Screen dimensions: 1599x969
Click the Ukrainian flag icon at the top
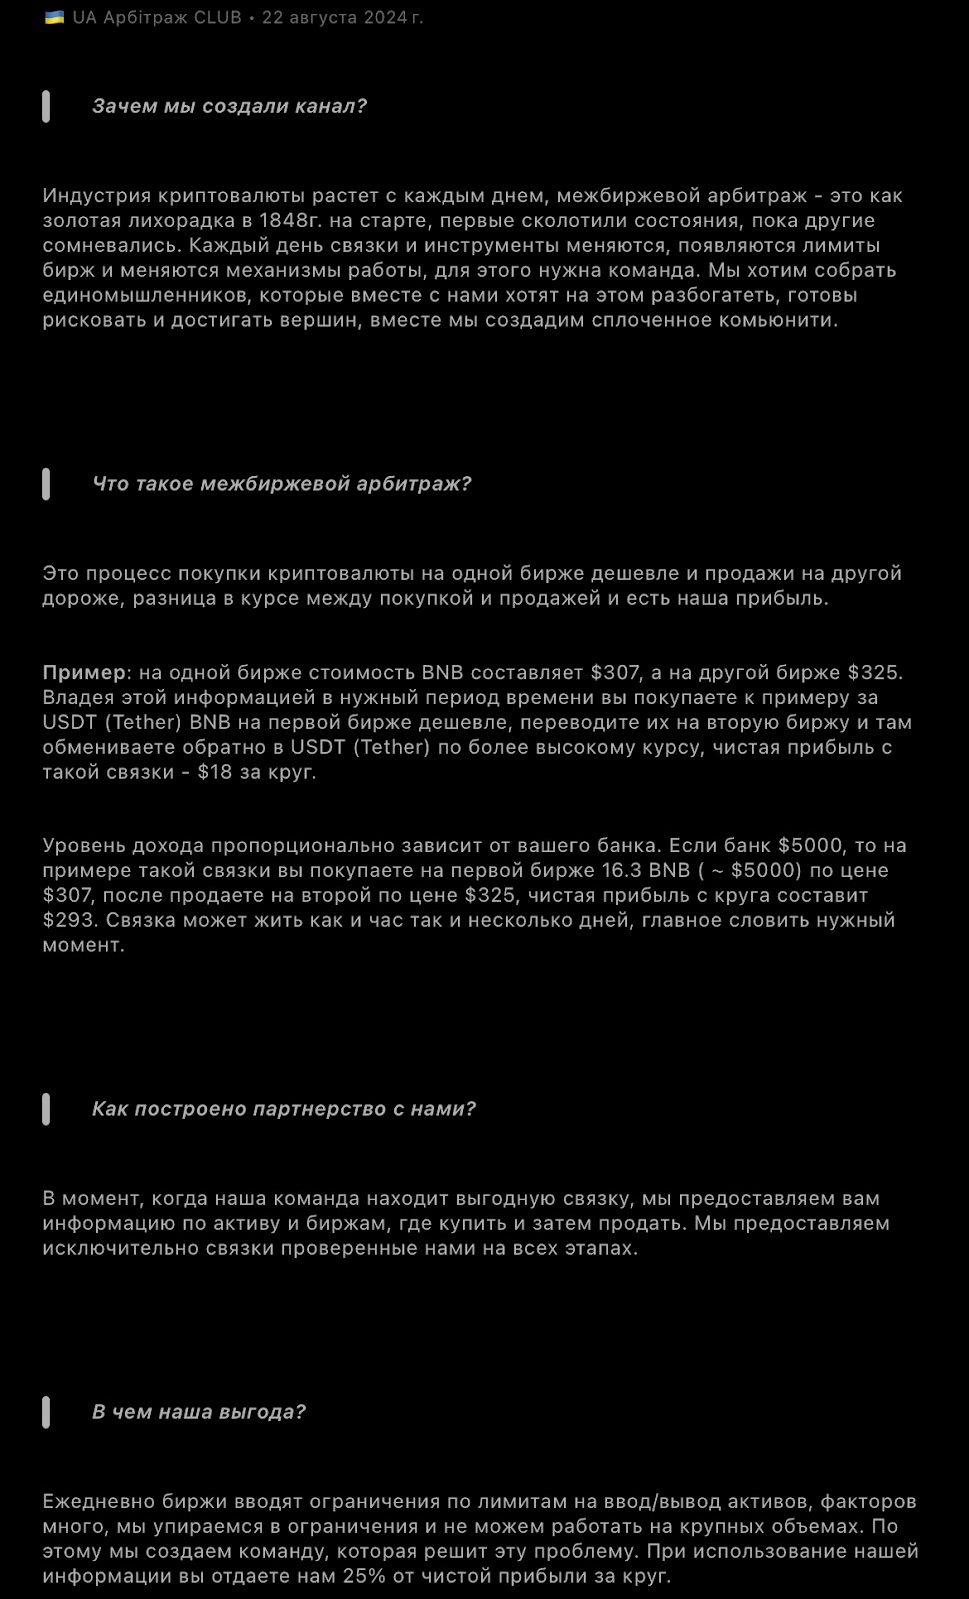pyautogui.click(x=54, y=17)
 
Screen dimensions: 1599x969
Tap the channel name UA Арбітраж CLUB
pyautogui.click(x=157, y=17)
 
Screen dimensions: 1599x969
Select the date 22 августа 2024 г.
pyautogui.click(x=342, y=17)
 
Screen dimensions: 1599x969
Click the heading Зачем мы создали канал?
pyautogui.click(x=229, y=106)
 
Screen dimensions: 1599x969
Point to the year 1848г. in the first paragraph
pyautogui.click(x=290, y=220)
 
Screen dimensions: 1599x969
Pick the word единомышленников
pyautogui.click(x=142, y=295)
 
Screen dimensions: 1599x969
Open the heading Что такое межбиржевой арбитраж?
pyautogui.click(x=281, y=484)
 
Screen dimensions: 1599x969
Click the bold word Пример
pyautogui.click(x=84, y=672)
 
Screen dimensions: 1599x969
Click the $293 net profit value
pyautogui.click(x=67, y=920)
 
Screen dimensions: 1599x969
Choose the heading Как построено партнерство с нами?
pyautogui.click(x=283, y=1109)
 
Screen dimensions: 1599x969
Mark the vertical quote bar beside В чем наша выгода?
pyautogui.click(x=46, y=1412)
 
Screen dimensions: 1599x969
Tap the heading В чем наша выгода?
pyautogui.click(x=198, y=1412)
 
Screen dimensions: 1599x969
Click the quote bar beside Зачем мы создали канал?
pyautogui.click(x=46, y=106)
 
